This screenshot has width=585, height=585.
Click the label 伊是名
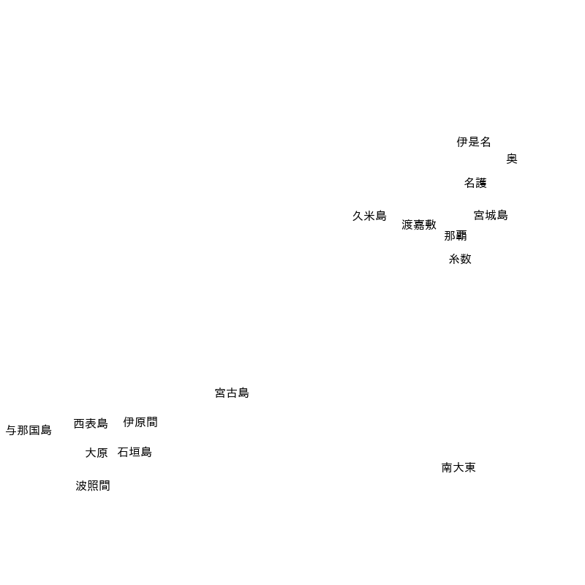pyautogui.click(x=473, y=142)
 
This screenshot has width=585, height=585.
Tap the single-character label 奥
pyautogui.click(x=511, y=159)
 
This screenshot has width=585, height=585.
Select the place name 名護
pyautogui.click(x=475, y=183)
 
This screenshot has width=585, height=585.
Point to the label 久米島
pyautogui.click(x=369, y=216)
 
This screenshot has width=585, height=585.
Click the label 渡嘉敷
pyautogui.click(x=419, y=224)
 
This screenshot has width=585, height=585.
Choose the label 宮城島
pyautogui.click(x=491, y=215)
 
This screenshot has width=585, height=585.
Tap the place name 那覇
pyautogui.click(x=455, y=235)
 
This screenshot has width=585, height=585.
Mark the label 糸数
pyautogui.click(x=460, y=259)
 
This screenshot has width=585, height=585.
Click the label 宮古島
pyautogui.click(x=232, y=393)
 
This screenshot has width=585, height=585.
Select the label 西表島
pyautogui.click(x=91, y=423)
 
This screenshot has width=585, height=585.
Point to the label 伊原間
pyautogui.click(x=140, y=422)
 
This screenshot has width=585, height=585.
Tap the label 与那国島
pyautogui.click(x=29, y=430)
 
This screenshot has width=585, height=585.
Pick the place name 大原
pyautogui.click(x=97, y=453)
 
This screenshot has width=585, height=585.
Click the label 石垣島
pyautogui.click(x=135, y=452)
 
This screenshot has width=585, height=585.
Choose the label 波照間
pyautogui.click(x=93, y=486)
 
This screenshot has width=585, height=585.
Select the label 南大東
pyautogui.click(x=458, y=467)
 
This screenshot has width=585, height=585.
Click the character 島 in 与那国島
pyautogui.click(x=46, y=430)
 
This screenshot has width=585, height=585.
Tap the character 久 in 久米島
pyautogui.click(x=358, y=216)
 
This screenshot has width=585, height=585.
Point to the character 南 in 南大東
pyautogui.click(x=447, y=467)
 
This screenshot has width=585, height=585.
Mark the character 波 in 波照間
pyautogui.click(x=81, y=486)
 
